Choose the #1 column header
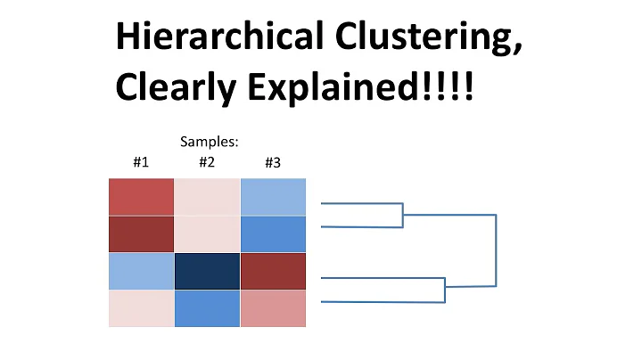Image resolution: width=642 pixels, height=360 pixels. pos(141,162)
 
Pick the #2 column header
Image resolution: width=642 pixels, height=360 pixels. pos(207,162)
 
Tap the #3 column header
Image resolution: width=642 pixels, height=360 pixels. pos(273,162)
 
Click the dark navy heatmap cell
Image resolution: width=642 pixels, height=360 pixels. pos(207,271)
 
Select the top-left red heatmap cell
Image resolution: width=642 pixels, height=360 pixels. pos(141,197)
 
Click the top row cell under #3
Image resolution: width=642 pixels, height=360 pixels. pos(273,197)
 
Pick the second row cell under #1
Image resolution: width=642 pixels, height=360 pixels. pos(141,233)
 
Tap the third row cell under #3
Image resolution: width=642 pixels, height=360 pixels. pos(273,271)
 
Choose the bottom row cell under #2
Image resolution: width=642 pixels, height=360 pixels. pos(207,308)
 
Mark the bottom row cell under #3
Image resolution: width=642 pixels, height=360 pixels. pos(273,308)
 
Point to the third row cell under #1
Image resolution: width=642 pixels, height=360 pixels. pos(141,271)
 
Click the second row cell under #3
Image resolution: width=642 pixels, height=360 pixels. pos(273,233)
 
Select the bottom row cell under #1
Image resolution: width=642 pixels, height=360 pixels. pos(141,308)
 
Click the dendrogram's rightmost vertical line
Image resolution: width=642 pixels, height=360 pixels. pos(496,250)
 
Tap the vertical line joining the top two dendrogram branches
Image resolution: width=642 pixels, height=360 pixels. pos(403,215)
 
